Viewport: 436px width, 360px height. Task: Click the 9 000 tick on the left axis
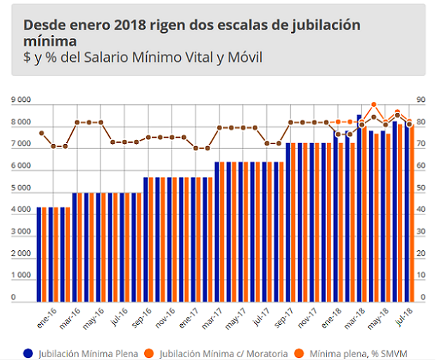[21, 100]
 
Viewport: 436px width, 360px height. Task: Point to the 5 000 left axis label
[21, 188]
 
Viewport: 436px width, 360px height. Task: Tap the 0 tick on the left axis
[13, 297]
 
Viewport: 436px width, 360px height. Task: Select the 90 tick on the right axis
[421, 100]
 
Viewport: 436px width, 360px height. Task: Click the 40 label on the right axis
[421, 210]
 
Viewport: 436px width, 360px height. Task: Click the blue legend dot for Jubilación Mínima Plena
[28, 352]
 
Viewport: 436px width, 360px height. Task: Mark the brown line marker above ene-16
[41, 133]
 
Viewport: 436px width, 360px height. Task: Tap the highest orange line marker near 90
[374, 105]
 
